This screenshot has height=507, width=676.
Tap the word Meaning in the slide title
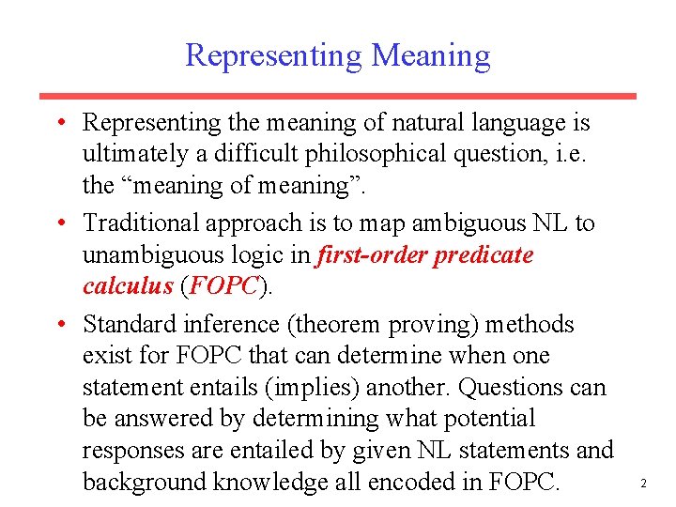click(431, 56)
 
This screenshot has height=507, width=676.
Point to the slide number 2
click(643, 484)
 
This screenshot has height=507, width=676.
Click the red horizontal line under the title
click(337, 96)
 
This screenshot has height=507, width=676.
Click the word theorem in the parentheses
click(340, 325)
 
